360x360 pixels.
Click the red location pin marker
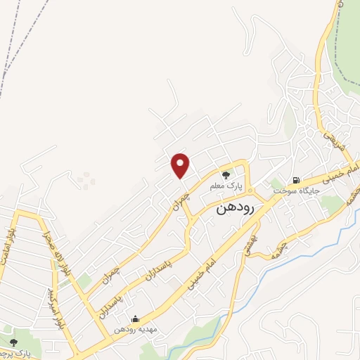coord(181,165)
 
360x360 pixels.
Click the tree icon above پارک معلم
coord(226,176)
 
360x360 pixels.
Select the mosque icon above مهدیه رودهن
coord(134,319)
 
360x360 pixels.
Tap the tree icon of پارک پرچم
coord(13,342)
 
